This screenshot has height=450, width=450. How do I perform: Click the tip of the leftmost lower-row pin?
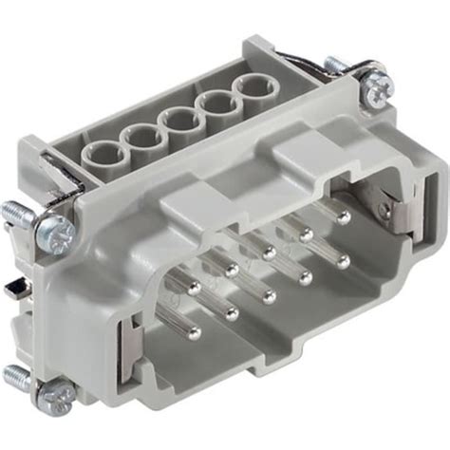point(195,331)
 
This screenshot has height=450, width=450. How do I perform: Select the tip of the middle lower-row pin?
point(269,290)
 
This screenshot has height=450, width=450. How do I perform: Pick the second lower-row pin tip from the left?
point(232,311)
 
